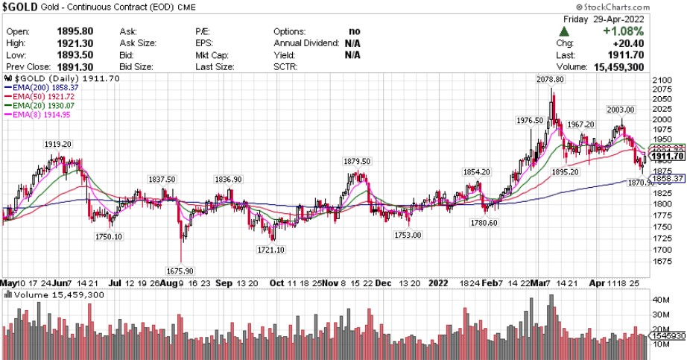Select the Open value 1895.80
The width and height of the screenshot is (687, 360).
click(x=75, y=31)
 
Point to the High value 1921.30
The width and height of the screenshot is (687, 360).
click(x=75, y=43)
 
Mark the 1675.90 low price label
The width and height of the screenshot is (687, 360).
click(x=178, y=270)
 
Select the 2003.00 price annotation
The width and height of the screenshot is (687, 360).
click(x=620, y=110)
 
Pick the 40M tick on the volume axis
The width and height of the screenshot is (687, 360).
click(x=659, y=300)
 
